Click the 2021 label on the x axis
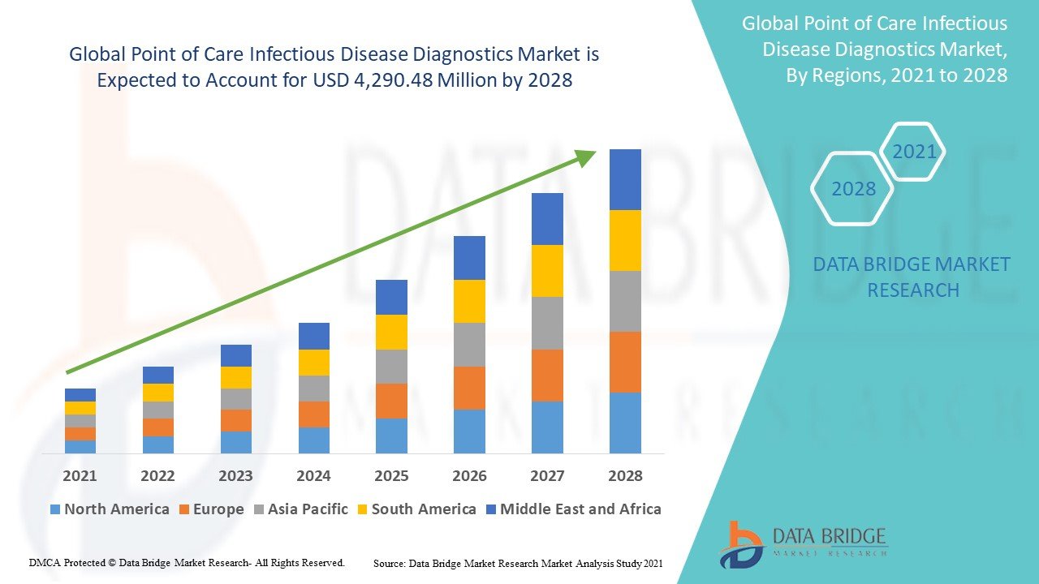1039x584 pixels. coord(80,476)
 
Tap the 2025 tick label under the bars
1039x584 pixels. coord(391,476)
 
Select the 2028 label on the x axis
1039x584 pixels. coord(625,476)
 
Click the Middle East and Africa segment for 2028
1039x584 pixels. coord(625,179)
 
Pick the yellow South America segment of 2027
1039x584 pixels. coord(547,271)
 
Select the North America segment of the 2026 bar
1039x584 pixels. coord(469,431)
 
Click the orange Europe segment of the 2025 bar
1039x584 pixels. coord(391,401)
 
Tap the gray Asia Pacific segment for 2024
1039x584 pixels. coord(313,389)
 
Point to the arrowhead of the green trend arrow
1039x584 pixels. coord(586,157)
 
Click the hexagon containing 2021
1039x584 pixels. coord(913,152)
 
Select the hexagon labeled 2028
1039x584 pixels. coord(853,189)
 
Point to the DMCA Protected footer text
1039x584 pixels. coord(188,562)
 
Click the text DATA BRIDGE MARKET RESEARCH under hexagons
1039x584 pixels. coord(912,277)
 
